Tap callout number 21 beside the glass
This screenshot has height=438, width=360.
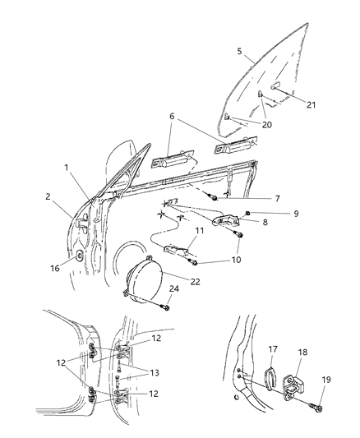tap(311, 104)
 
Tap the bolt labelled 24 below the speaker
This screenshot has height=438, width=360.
tap(166, 308)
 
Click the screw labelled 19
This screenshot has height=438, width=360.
tap(319, 407)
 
